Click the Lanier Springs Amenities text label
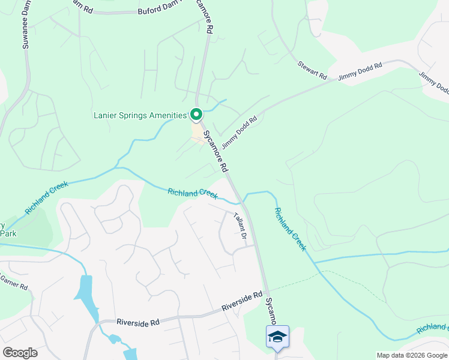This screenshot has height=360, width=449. point(140,115)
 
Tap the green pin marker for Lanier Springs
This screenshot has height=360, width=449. point(196,114)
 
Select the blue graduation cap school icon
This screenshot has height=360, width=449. point(277,337)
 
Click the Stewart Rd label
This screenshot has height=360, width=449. point(312,71)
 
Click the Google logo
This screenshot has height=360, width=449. point(20,353)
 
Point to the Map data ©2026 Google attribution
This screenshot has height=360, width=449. point(412,355)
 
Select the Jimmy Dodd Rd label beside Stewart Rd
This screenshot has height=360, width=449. point(360,72)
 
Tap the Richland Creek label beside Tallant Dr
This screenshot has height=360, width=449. point(192,193)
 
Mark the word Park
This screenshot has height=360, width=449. point(8,233)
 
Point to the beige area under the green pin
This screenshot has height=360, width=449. point(197,132)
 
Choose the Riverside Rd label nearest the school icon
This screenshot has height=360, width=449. point(242,301)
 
